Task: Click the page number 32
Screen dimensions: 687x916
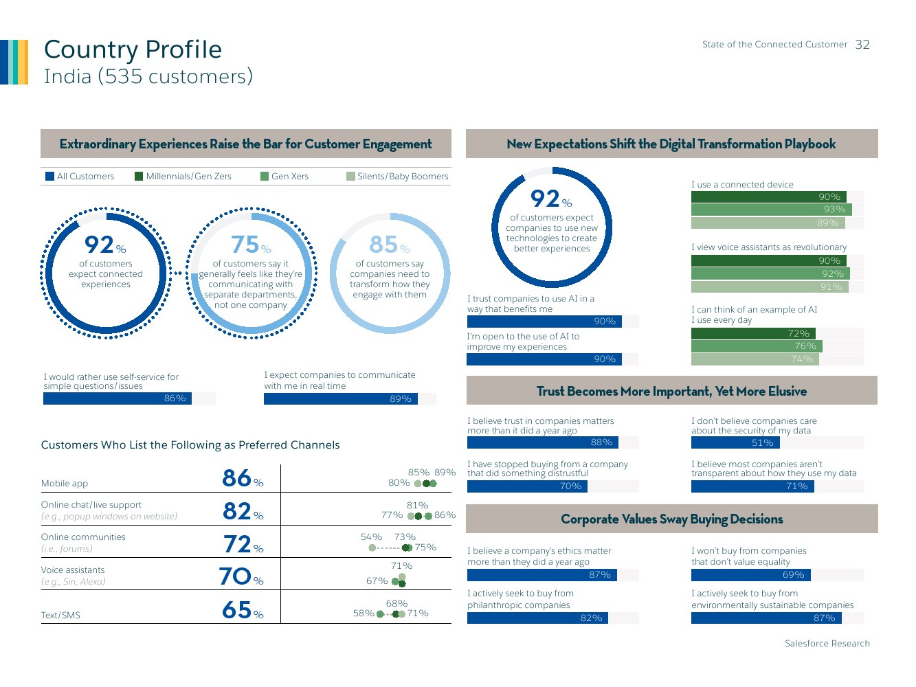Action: tap(862, 45)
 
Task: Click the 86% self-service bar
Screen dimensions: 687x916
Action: tap(118, 398)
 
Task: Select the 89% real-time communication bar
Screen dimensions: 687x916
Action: tap(341, 399)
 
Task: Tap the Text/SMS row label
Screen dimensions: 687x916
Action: tap(60, 616)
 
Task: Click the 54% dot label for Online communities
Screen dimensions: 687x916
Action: tap(371, 537)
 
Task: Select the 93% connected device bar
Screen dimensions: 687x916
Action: tap(772, 210)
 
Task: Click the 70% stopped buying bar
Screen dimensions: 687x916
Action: tap(527, 486)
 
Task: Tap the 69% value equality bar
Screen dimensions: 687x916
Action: tap(751, 575)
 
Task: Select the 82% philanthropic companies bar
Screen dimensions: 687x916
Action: tap(537, 618)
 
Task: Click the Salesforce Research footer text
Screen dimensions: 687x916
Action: tap(827, 644)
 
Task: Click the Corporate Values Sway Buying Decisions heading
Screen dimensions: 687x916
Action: tap(671, 519)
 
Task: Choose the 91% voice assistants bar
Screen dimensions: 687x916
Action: tap(770, 287)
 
